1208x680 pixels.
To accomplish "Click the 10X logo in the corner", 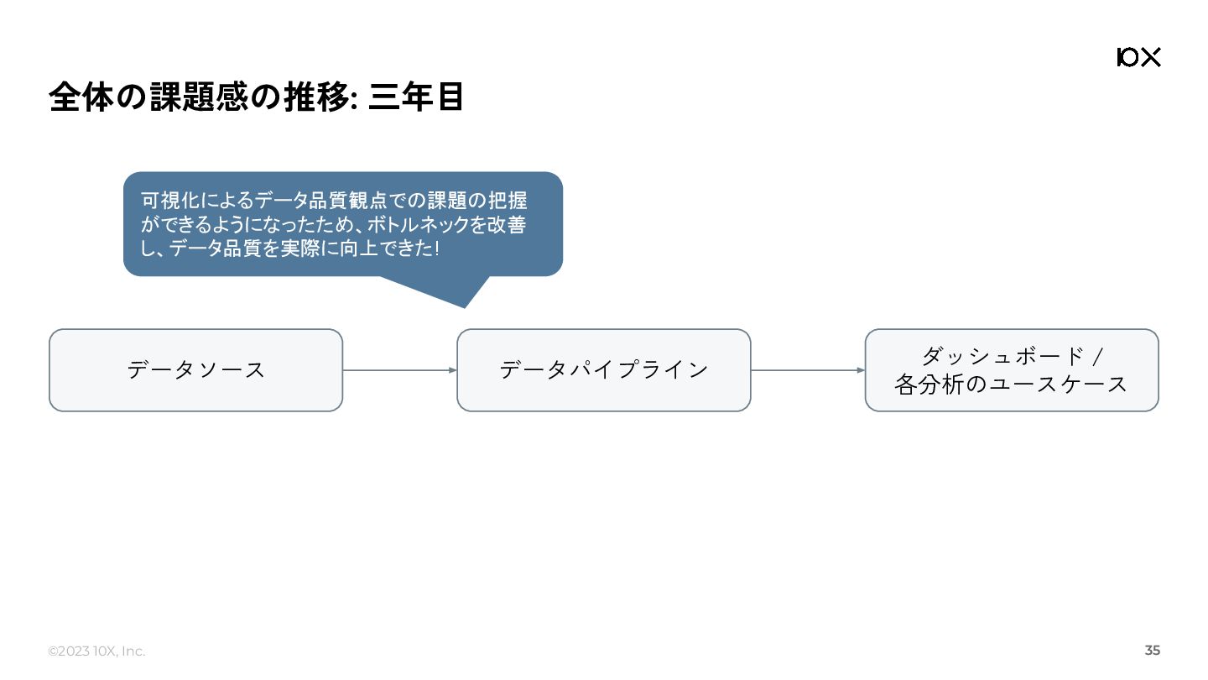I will pos(1138,57).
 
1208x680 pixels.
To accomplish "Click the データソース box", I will pos(195,370).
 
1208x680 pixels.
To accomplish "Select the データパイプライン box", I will pos(603,370).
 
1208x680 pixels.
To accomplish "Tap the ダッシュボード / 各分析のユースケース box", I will pos(1011,370).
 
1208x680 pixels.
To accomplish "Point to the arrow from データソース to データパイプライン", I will pos(399,370).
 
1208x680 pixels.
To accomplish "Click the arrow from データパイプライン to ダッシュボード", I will pos(807,370).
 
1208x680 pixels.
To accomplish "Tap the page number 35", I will pos(1153,651).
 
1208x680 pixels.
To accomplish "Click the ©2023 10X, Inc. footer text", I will pos(96,651).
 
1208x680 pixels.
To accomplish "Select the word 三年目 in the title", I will pos(416,97).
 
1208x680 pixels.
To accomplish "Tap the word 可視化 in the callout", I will pos(171,201).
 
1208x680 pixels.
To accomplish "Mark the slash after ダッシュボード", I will pos(1097,357).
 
